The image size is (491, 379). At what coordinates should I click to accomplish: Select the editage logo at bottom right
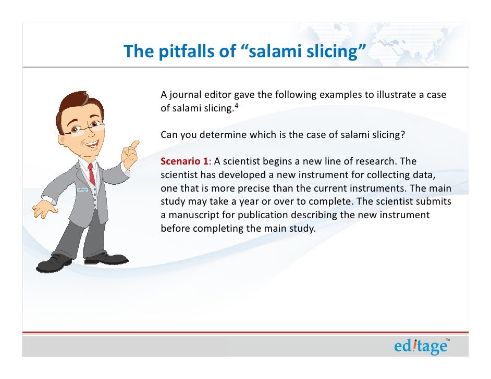(421, 346)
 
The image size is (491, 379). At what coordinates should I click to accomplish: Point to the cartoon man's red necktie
(92, 174)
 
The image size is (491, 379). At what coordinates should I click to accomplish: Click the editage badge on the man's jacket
(81, 189)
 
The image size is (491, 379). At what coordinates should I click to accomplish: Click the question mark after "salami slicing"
(402, 134)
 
